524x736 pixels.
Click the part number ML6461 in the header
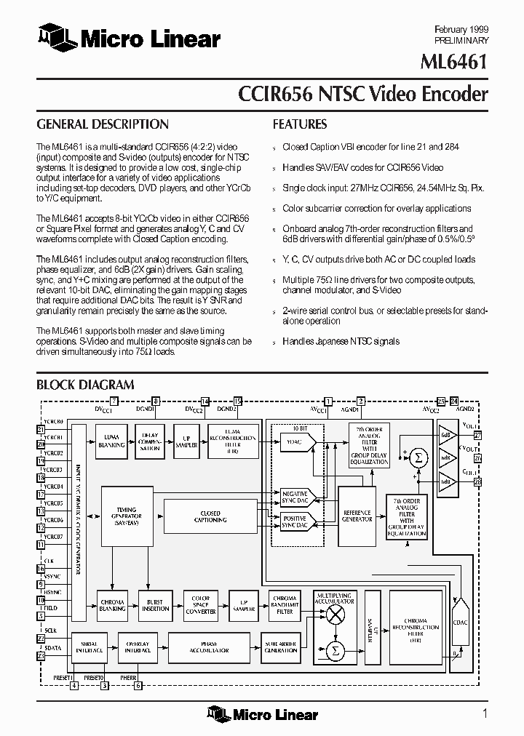coord(455,63)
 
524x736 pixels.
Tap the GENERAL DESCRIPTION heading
coord(103,124)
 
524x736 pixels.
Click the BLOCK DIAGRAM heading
coord(85,385)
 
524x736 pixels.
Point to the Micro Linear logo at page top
coord(129,38)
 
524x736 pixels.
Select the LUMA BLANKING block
coord(111,441)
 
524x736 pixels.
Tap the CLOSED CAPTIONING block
coord(210,516)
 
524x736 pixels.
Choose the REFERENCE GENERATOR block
coord(357,516)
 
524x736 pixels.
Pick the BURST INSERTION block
coord(155,606)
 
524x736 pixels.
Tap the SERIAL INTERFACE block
coord(91,647)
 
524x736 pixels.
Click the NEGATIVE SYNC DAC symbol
coord(294,497)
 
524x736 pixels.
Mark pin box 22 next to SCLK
coord(41,637)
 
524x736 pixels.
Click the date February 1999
coord(461,28)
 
